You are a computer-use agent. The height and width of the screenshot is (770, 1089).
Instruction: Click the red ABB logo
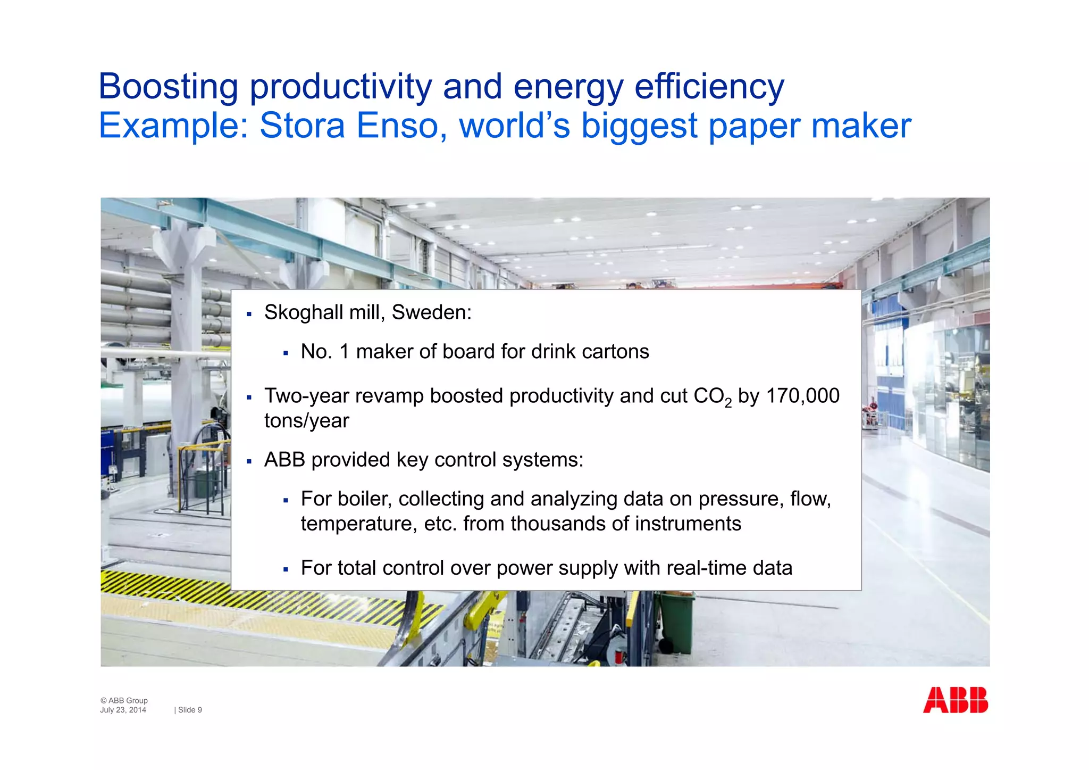pyautogui.click(x=955, y=700)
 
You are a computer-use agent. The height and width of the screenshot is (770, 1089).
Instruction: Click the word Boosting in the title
pyautogui.click(x=168, y=87)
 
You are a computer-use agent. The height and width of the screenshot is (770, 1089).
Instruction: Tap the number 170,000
pyautogui.click(x=802, y=396)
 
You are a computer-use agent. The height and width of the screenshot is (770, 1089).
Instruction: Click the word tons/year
pyautogui.click(x=306, y=421)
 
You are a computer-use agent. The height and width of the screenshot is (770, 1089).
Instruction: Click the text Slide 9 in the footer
pyautogui.click(x=189, y=710)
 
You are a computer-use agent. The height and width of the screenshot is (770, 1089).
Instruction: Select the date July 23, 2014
pyautogui.click(x=123, y=710)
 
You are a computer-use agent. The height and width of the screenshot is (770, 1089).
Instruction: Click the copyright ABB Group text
pyautogui.click(x=124, y=700)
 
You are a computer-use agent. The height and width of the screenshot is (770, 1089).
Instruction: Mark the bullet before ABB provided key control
pyautogui.click(x=249, y=461)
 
